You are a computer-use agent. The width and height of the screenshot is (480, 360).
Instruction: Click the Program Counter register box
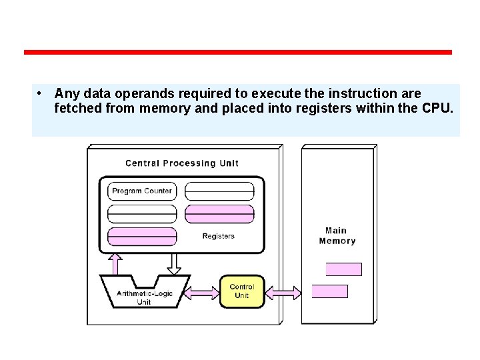142,191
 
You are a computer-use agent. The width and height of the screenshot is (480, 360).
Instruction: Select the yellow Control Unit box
242,291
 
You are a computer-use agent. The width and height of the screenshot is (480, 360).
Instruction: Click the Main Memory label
337,236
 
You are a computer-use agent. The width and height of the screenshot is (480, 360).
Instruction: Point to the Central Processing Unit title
181,163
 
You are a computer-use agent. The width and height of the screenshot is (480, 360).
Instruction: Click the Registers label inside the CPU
218,236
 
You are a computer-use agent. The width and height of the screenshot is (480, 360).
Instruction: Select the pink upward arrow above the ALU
115,263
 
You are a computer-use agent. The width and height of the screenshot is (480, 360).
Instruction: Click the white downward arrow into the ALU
174,263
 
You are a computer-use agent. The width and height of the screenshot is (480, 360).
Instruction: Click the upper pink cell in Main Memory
343,269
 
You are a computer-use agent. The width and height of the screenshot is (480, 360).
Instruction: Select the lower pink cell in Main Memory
330,291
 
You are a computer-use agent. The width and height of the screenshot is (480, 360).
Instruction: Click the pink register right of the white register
219,214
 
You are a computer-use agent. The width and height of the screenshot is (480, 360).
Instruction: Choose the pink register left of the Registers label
142,237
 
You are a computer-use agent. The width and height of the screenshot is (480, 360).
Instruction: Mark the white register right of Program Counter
219,191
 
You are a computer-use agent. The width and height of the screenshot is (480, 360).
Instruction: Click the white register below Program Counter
142,214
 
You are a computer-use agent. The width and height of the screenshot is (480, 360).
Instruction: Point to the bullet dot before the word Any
41,93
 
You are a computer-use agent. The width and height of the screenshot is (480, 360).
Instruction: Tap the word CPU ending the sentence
436,108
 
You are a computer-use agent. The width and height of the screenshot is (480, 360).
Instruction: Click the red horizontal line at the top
237,52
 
